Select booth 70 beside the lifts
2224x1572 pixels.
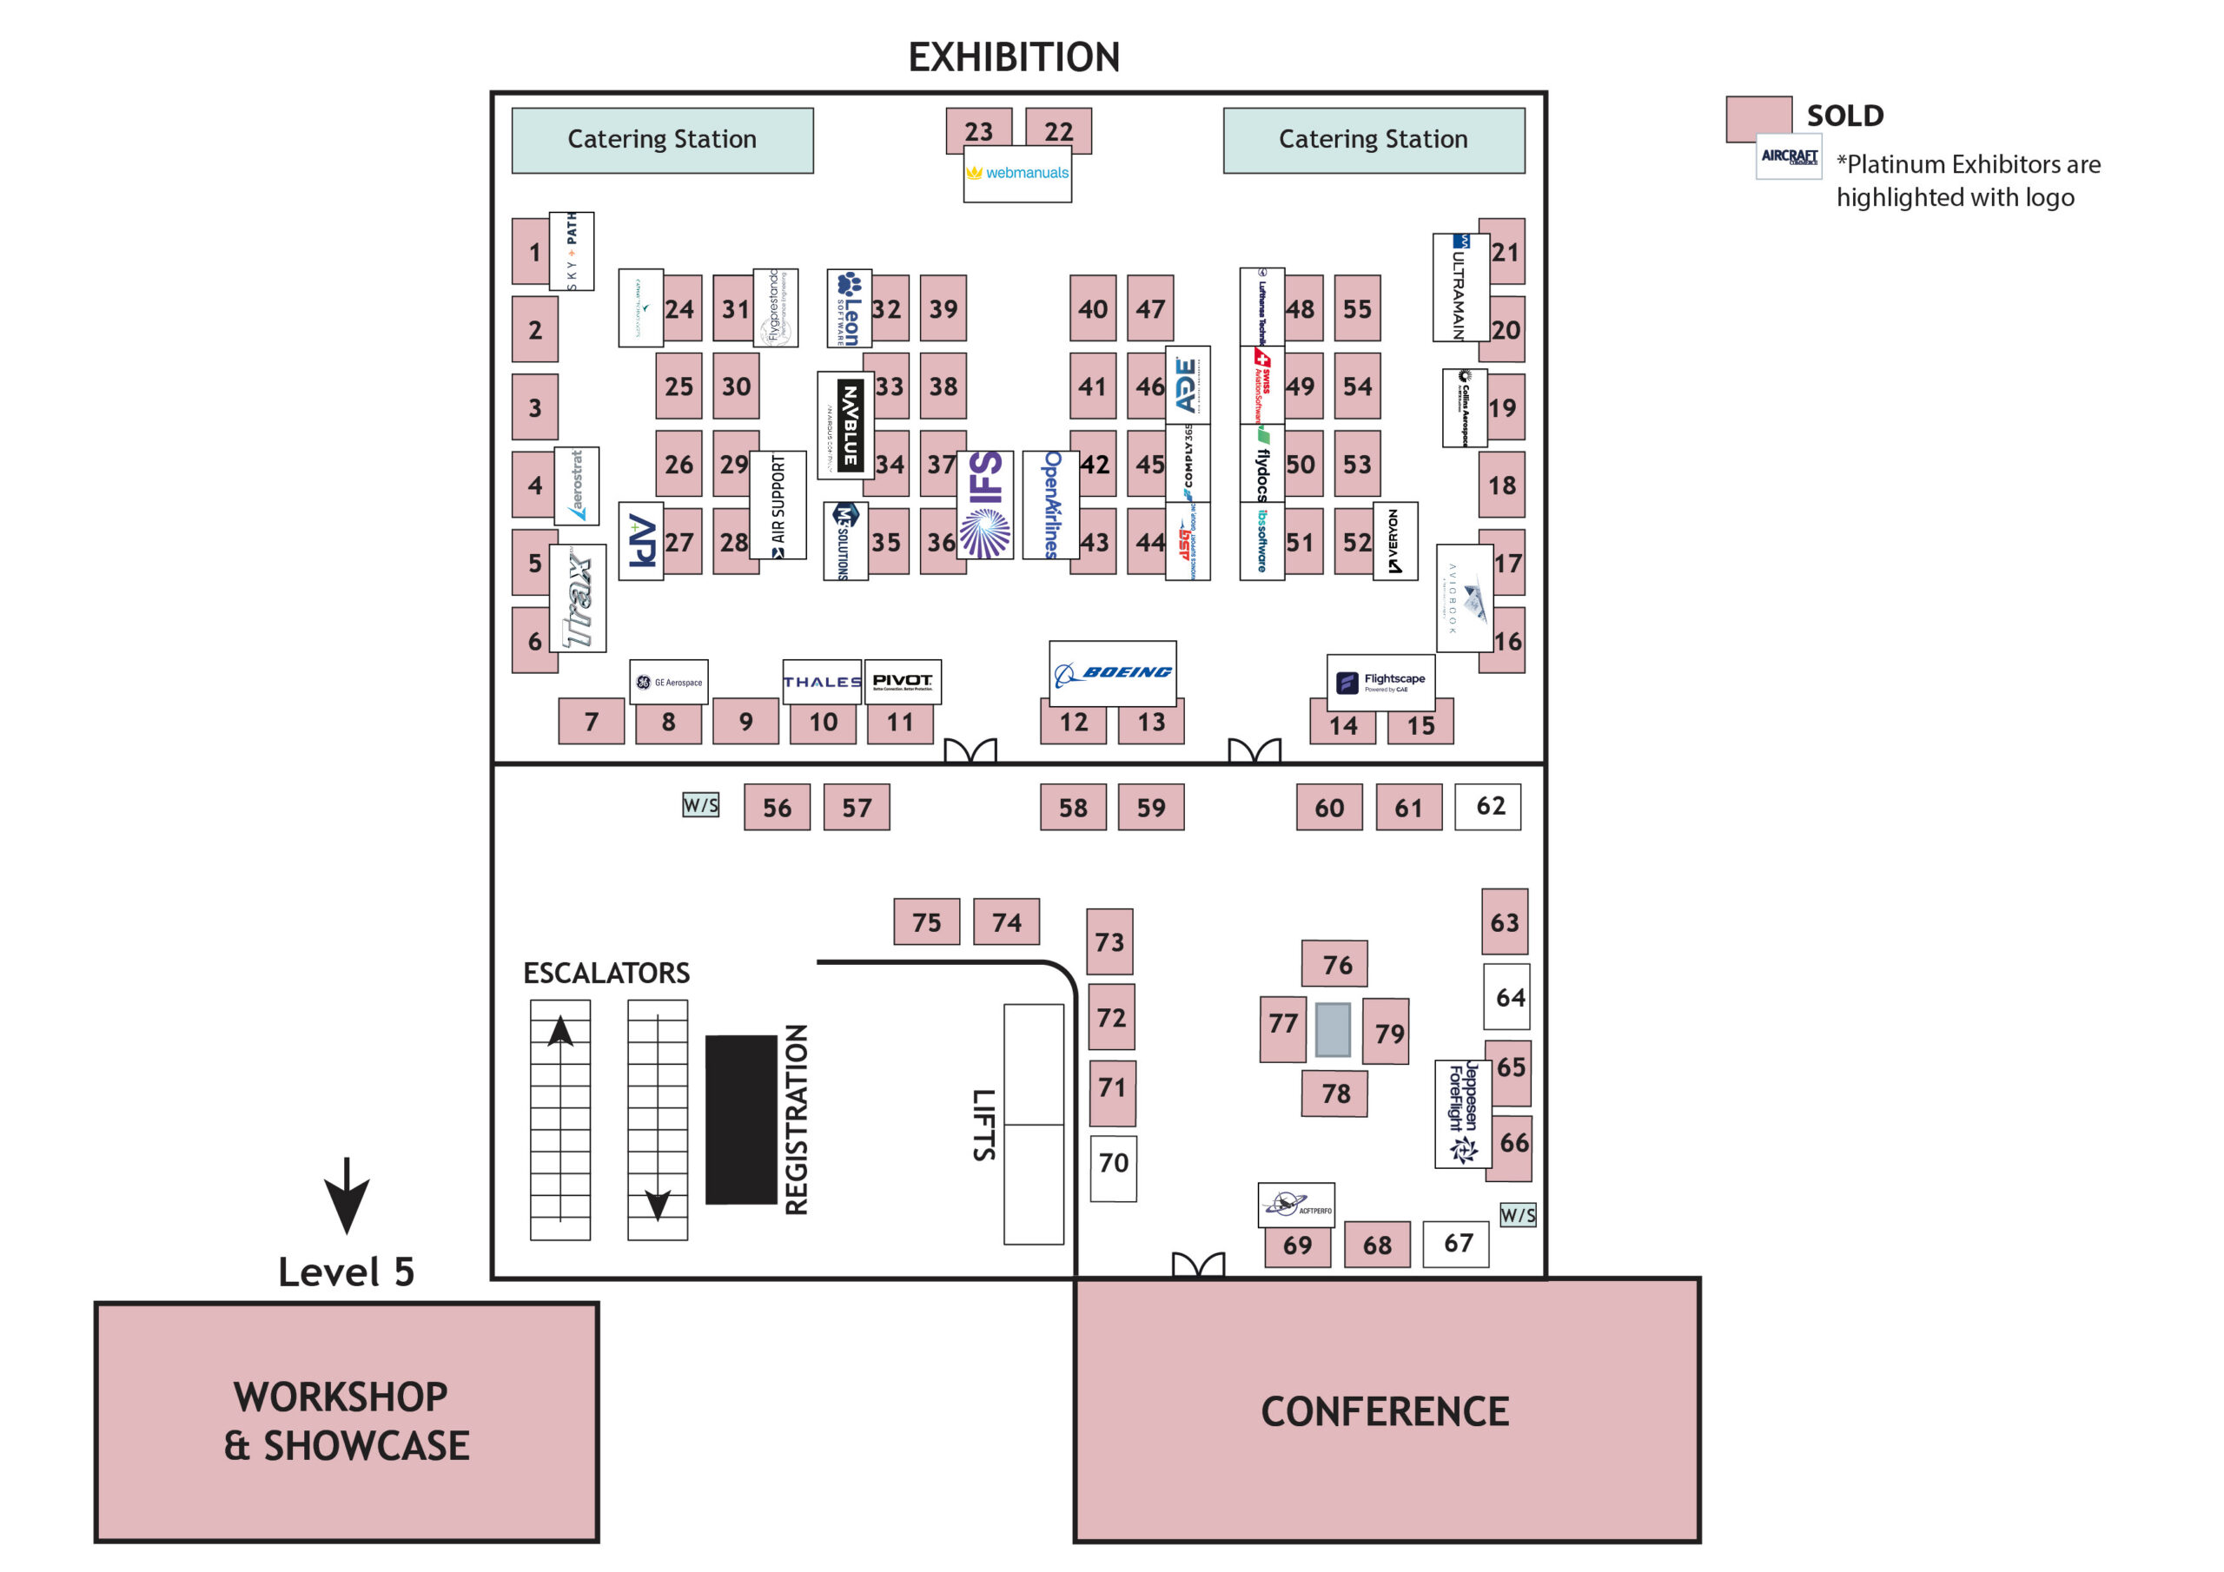[1113, 1168]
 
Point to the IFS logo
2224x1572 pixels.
[985, 505]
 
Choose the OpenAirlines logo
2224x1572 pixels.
[1051, 505]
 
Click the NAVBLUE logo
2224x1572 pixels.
[846, 426]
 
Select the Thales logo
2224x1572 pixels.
[822, 682]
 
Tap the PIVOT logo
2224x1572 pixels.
[902, 682]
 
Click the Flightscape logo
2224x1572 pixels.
[1380, 683]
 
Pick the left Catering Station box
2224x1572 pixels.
[663, 141]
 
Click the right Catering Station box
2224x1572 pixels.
[1373, 141]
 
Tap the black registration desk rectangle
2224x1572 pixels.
[741, 1120]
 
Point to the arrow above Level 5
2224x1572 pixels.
[346, 1195]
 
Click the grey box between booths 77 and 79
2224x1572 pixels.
[1333, 1029]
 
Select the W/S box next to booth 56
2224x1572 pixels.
[700, 805]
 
